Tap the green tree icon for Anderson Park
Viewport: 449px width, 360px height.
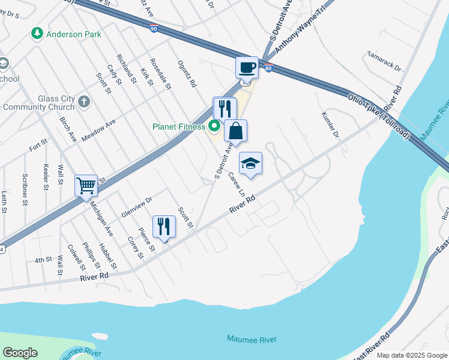coord(38,34)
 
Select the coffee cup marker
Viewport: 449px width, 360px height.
coord(246,67)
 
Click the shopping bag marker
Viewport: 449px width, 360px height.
coord(236,130)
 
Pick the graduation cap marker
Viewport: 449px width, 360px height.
coord(251,163)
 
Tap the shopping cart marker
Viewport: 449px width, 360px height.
coord(86,185)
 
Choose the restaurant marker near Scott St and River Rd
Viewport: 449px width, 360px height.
coord(163,226)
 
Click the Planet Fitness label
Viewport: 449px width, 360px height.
coord(178,127)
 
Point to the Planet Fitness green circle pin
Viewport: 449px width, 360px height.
coord(213,127)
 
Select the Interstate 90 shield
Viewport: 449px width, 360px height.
coord(154,26)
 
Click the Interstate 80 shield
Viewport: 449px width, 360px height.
coord(269,68)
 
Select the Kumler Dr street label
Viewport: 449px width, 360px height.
coord(331,124)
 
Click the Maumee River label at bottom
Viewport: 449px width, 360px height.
coord(252,339)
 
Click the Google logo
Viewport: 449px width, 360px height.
coord(20,353)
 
